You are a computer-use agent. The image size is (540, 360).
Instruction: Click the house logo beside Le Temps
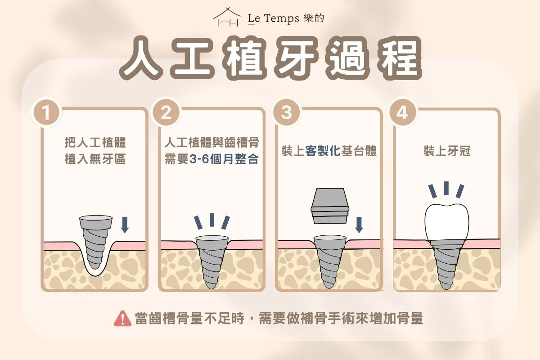click(x=226, y=18)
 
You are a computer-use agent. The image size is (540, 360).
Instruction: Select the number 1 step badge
click(x=46, y=112)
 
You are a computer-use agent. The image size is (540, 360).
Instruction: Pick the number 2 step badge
click(x=166, y=112)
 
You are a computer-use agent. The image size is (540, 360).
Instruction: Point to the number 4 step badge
click(x=401, y=112)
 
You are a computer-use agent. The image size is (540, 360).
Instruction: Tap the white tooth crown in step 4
click(x=446, y=220)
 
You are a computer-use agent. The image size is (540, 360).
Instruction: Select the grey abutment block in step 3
click(x=330, y=206)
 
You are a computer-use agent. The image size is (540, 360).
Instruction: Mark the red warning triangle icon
click(x=122, y=319)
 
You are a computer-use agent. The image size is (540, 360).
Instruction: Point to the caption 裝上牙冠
click(x=446, y=151)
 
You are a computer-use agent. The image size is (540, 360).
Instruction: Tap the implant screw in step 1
click(x=95, y=241)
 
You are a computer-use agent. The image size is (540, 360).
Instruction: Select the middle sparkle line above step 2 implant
click(x=211, y=220)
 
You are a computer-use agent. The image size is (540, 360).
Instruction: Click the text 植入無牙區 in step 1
click(x=95, y=159)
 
